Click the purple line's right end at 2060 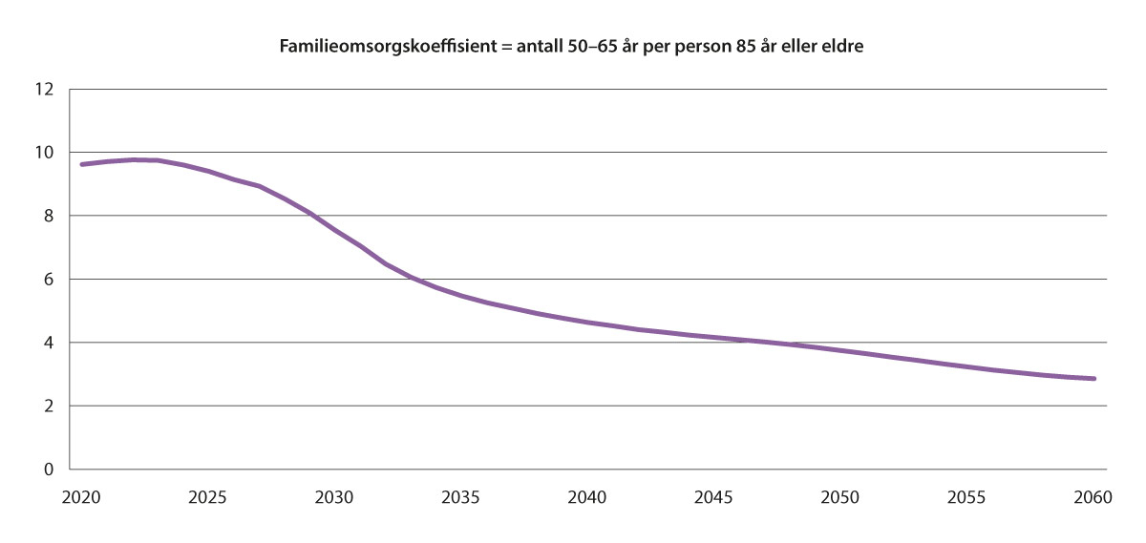pos(1093,379)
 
